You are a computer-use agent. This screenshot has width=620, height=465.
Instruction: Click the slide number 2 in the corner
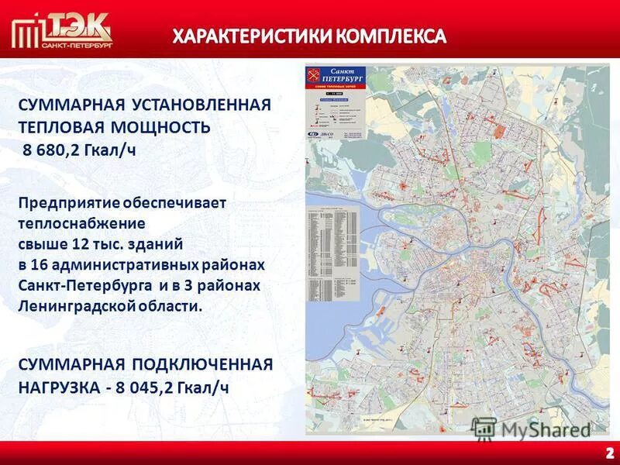pos(608,453)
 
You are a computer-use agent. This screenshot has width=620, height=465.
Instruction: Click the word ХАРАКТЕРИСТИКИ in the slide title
pos(243,36)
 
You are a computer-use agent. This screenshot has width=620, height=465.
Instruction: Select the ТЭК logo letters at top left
pos(77,27)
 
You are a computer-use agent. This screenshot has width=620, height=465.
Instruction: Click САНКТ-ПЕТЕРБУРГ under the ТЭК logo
pos(77,47)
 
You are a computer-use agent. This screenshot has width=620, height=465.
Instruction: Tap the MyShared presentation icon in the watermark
pos(484,429)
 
